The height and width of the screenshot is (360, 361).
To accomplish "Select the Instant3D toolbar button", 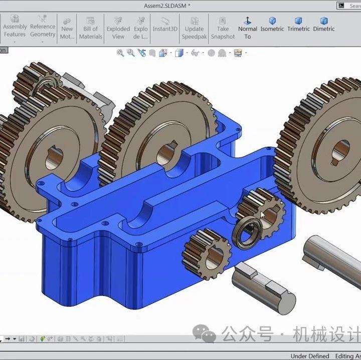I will [x=165, y=25].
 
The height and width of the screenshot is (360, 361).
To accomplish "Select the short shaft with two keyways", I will [x=264, y=284].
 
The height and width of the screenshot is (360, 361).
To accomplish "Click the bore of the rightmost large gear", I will [x=341, y=149].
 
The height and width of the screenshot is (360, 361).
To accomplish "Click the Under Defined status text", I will [x=309, y=356].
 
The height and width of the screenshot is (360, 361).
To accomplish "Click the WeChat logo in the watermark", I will [x=206, y=333].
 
